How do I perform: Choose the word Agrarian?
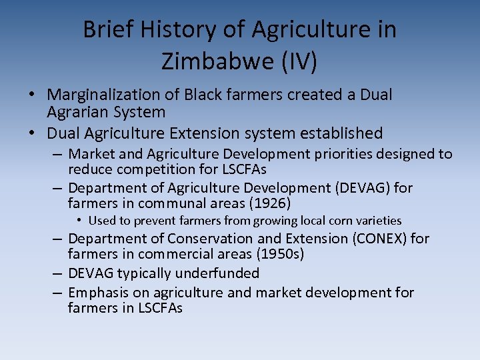(75, 112)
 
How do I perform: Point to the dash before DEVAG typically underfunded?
(57, 273)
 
